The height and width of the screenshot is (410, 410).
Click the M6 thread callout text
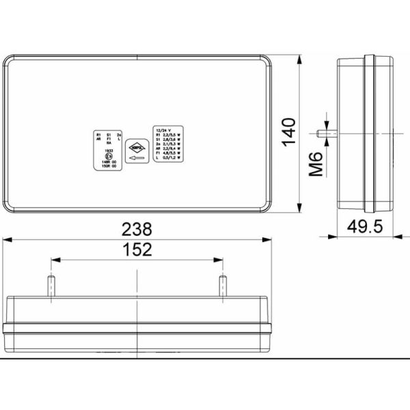click(x=315, y=164)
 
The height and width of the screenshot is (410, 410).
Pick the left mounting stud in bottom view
click(x=51, y=286)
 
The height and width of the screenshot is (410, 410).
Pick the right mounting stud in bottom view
click(x=222, y=286)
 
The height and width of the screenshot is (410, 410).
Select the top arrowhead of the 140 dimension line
click(x=301, y=58)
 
